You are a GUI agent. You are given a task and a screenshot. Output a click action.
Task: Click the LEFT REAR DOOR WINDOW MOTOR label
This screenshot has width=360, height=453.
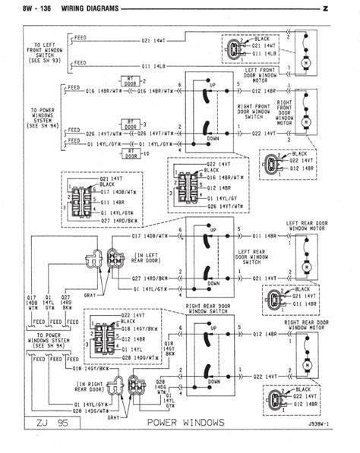(x=308, y=225)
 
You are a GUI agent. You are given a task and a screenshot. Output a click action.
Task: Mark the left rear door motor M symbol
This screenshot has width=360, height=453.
(x=306, y=266)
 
